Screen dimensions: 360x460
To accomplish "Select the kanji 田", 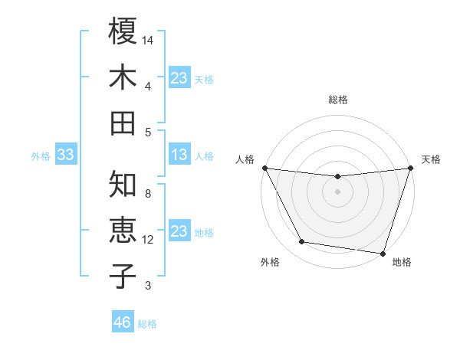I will (123, 123).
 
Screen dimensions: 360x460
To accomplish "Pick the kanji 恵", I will (123, 231).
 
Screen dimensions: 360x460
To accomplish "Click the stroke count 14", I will (149, 39).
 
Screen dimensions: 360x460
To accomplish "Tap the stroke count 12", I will (149, 240).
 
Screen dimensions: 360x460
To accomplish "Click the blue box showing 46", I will (122, 322).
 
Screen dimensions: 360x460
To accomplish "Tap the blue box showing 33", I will (65, 155).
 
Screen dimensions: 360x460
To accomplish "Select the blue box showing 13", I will (179, 155).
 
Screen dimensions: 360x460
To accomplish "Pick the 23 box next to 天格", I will (179, 78).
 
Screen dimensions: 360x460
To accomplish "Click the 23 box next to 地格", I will (179, 231).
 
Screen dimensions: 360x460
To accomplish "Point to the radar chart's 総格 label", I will (337, 100).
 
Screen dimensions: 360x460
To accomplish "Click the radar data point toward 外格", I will (302, 242).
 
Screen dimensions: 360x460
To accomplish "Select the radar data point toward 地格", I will (383, 254).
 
